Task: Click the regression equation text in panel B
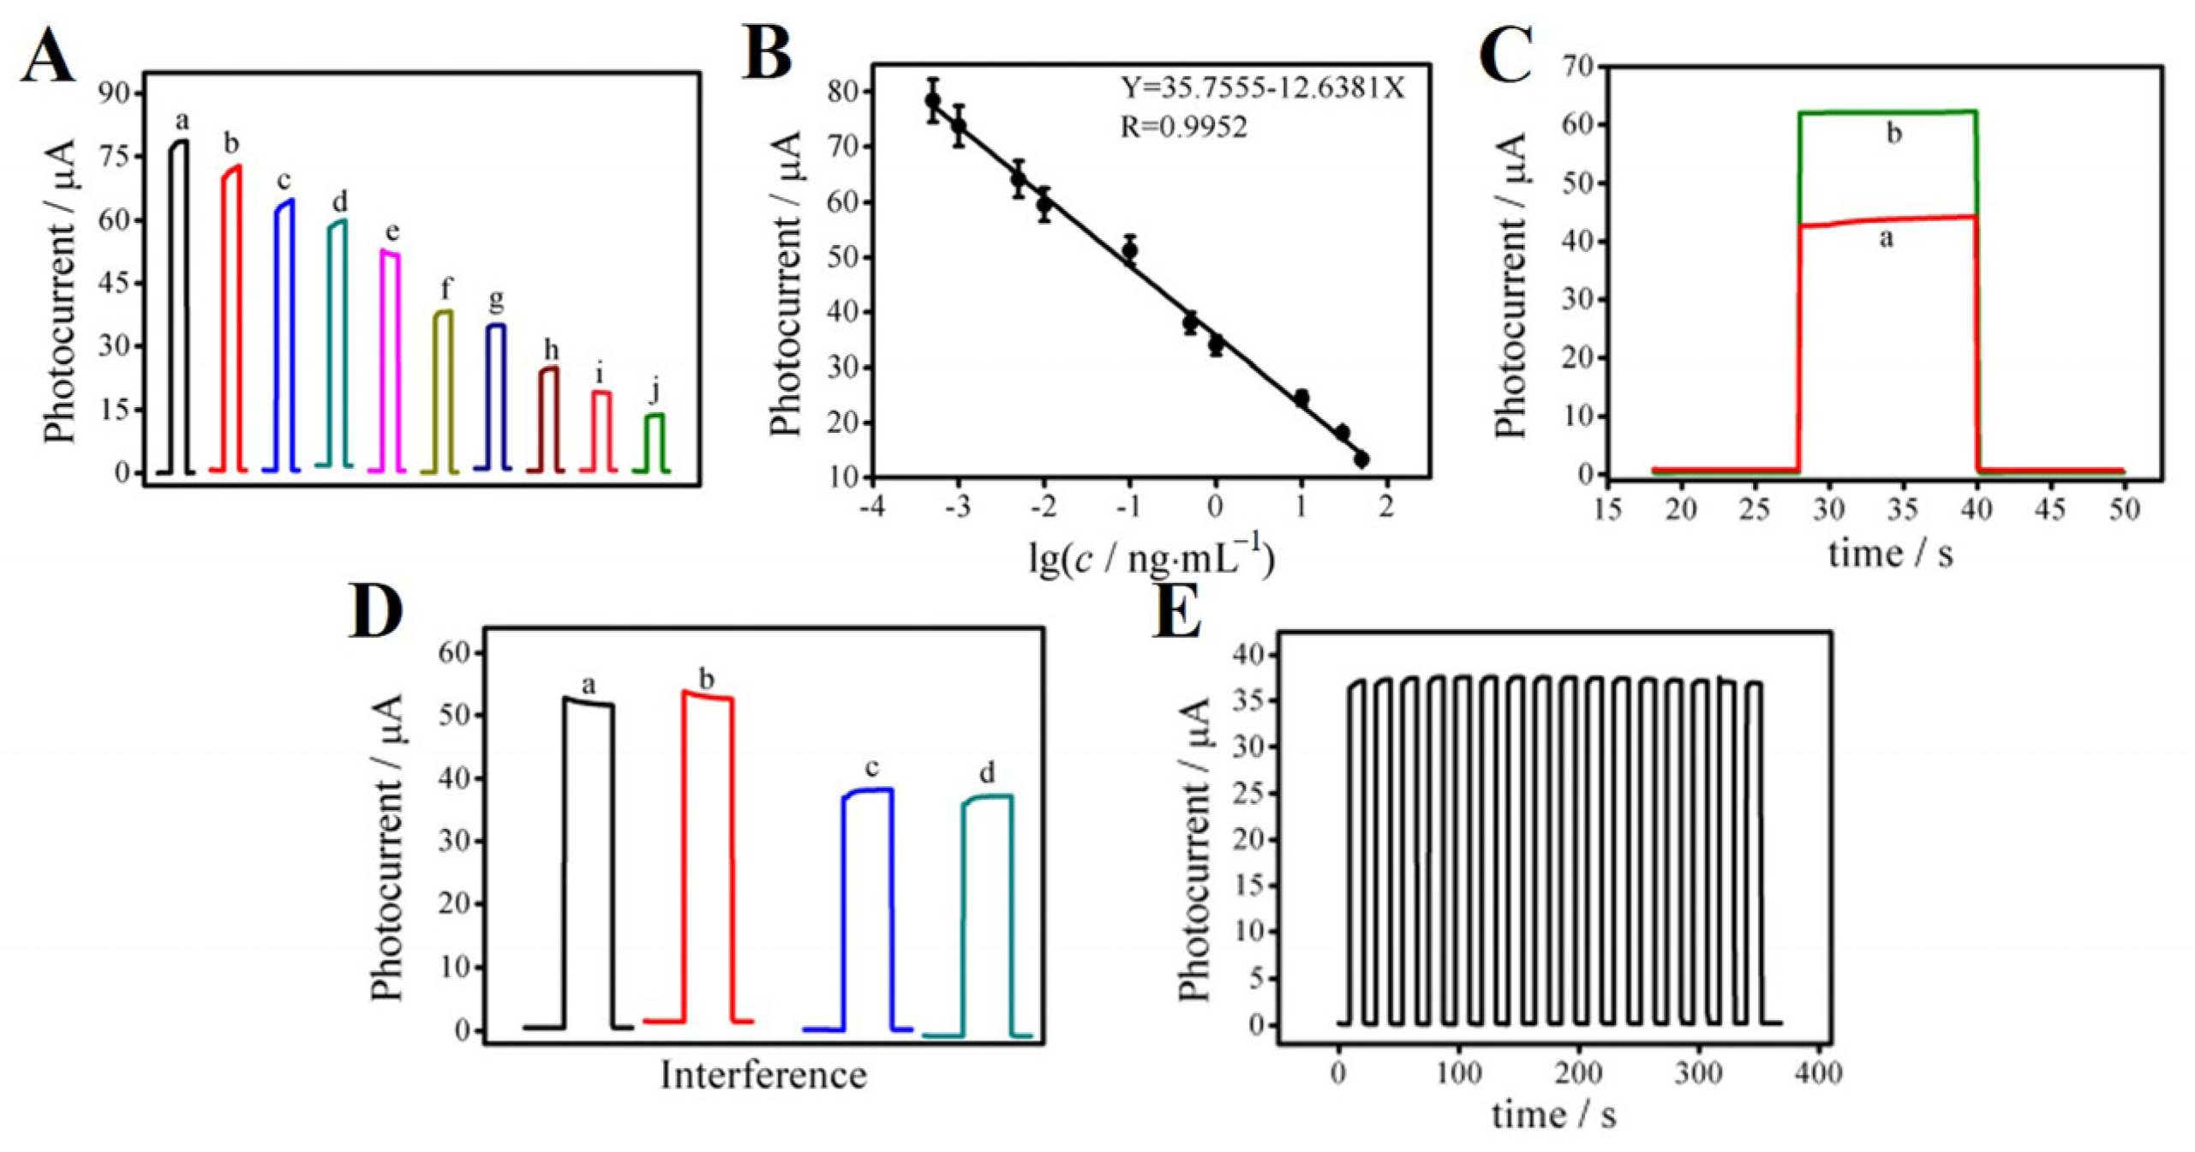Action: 1263,88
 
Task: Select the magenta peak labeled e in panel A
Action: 390,360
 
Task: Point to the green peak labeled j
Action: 654,441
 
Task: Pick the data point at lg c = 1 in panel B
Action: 1301,398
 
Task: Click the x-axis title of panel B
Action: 1151,560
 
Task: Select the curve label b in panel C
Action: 1894,135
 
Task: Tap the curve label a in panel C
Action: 1886,239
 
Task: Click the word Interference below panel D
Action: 763,1075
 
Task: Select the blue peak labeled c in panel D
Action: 868,909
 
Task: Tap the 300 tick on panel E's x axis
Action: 1699,1073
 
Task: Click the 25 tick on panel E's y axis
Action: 1250,794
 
